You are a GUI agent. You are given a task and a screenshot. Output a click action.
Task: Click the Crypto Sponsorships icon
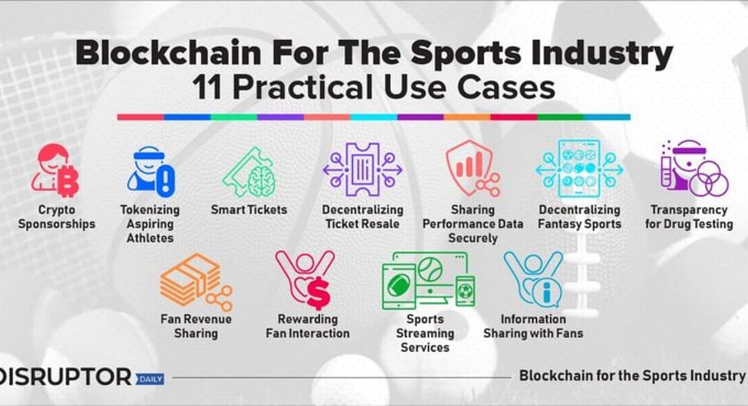(x=55, y=170)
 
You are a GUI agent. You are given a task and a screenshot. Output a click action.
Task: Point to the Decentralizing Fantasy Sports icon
(x=579, y=169)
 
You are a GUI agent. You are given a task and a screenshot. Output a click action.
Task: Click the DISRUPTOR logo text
(x=66, y=377)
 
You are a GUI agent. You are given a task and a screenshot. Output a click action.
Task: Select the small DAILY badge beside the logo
(x=149, y=379)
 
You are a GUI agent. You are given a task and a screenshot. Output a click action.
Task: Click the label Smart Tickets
(x=249, y=210)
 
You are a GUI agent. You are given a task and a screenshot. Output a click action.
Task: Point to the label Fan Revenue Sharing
(x=196, y=326)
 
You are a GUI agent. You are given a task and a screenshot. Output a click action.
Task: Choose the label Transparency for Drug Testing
(x=689, y=217)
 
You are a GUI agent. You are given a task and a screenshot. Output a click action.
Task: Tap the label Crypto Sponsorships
(x=57, y=217)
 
